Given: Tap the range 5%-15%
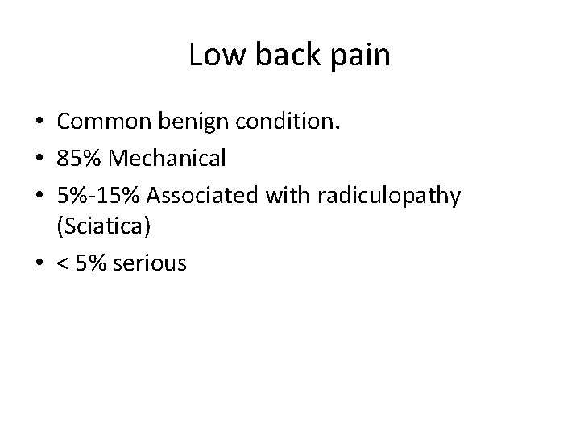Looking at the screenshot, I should (98, 194).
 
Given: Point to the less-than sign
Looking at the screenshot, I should (63, 264).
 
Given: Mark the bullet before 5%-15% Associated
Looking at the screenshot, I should (39, 196).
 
